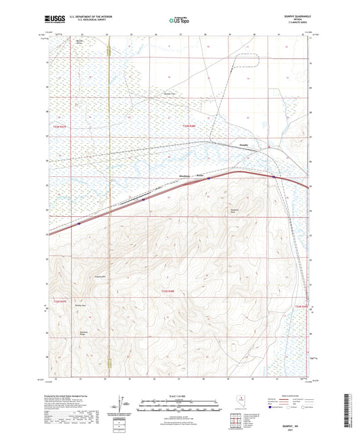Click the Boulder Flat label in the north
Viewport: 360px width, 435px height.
click(171, 94)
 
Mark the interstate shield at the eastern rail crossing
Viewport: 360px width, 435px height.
click(274, 178)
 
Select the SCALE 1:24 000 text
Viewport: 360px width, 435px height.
click(180, 396)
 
